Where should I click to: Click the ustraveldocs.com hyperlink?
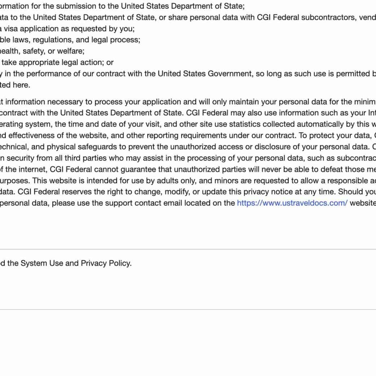coord(292,203)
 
